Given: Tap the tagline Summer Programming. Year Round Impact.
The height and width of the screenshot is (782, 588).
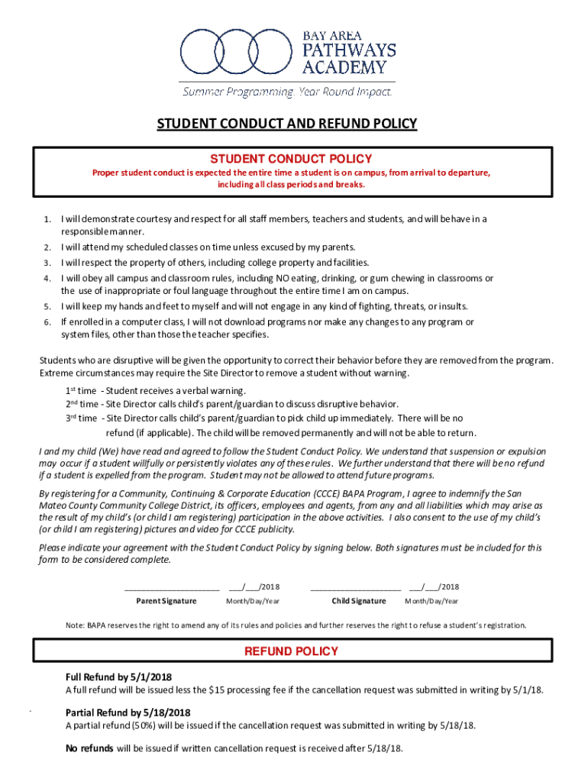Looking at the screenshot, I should click(x=286, y=92).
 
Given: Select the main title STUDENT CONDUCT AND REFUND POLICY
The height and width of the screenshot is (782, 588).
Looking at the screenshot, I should click(x=287, y=124).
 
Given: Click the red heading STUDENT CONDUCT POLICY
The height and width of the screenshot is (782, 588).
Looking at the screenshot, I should click(x=291, y=159).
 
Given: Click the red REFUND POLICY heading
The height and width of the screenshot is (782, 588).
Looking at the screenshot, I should click(x=291, y=651).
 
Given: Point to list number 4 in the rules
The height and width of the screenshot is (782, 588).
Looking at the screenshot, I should click(x=47, y=279).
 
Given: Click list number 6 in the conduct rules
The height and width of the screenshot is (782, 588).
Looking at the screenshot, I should click(x=47, y=322).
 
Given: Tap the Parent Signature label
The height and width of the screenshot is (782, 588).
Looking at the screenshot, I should click(x=171, y=601).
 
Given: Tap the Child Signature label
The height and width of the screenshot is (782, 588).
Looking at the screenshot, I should click(x=358, y=601).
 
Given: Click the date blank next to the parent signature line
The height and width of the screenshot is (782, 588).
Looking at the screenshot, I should click(x=244, y=587).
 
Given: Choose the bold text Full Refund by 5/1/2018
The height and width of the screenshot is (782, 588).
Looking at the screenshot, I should click(x=118, y=677).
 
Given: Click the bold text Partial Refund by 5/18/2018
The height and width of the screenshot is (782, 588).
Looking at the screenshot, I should click(x=128, y=713).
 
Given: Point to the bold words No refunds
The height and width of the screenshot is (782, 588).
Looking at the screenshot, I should click(x=89, y=748).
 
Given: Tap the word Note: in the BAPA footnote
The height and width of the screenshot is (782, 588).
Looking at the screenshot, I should click(x=75, y=625).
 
